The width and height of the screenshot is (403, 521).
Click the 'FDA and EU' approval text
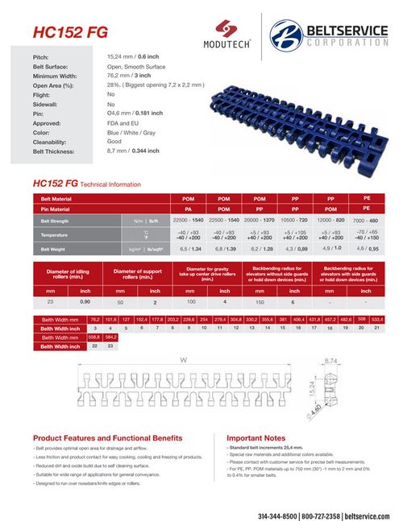[x=124, y=123]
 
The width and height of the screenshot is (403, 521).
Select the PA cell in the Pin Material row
[x=188, y=209]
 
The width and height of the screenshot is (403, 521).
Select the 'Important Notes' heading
[x=256, y=437]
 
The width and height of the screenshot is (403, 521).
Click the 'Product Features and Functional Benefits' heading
[x=107, y=437]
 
